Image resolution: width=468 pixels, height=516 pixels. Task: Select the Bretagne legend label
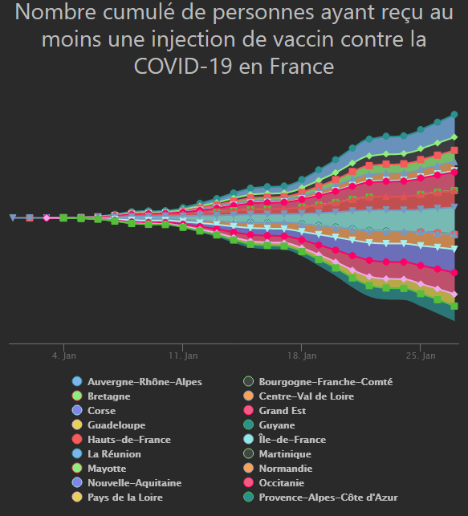pyautogui.click(x=108, y=396)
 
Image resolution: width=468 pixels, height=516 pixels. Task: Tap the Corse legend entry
pyautogui.click(x=101, y=411)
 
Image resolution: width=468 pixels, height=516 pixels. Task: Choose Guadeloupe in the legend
pyautogui.click(x=116, y=425)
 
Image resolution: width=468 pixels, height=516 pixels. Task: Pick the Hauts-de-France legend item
pyautogui.click(x=128, y=440)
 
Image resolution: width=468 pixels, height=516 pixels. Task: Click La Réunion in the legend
pyautogui.click(x=114, y=454)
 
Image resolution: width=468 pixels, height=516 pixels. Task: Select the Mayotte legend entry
pyautogui.click(x=107, y=469)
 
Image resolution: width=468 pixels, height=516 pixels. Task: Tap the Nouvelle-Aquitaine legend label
pyautogui.click(x=134, y=483)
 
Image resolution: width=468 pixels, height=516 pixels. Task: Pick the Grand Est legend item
pyautogui.click(x=283, y=411)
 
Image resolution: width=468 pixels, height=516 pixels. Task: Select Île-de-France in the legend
pyautogui.click(x=292, y=440)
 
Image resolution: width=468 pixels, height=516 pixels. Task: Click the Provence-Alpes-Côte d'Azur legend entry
pyautogui.click(x=328, y=498)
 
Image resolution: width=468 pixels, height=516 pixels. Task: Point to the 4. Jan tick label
pyautogui.click(x=63, y=355)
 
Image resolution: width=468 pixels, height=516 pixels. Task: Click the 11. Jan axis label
pyautogui.click(x=183, y=355)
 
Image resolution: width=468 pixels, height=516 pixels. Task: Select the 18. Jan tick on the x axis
pyautogui.click(x=301, y=355)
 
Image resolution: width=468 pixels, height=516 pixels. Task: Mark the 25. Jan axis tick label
pyautogui.click(x=420, y=355)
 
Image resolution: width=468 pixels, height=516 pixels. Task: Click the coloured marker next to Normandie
pyautogui.click(x=249, y=469)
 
